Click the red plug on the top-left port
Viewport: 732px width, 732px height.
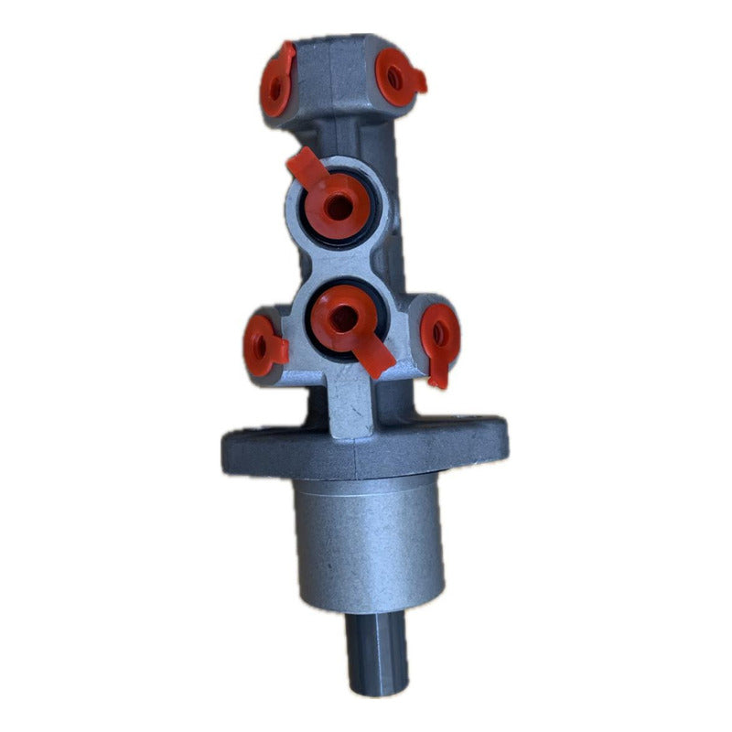click(277, 84)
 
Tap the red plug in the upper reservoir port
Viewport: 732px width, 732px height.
click(338, 207)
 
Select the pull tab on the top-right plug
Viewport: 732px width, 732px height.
click(416, 82)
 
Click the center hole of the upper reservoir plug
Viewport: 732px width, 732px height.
click(338, 205)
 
